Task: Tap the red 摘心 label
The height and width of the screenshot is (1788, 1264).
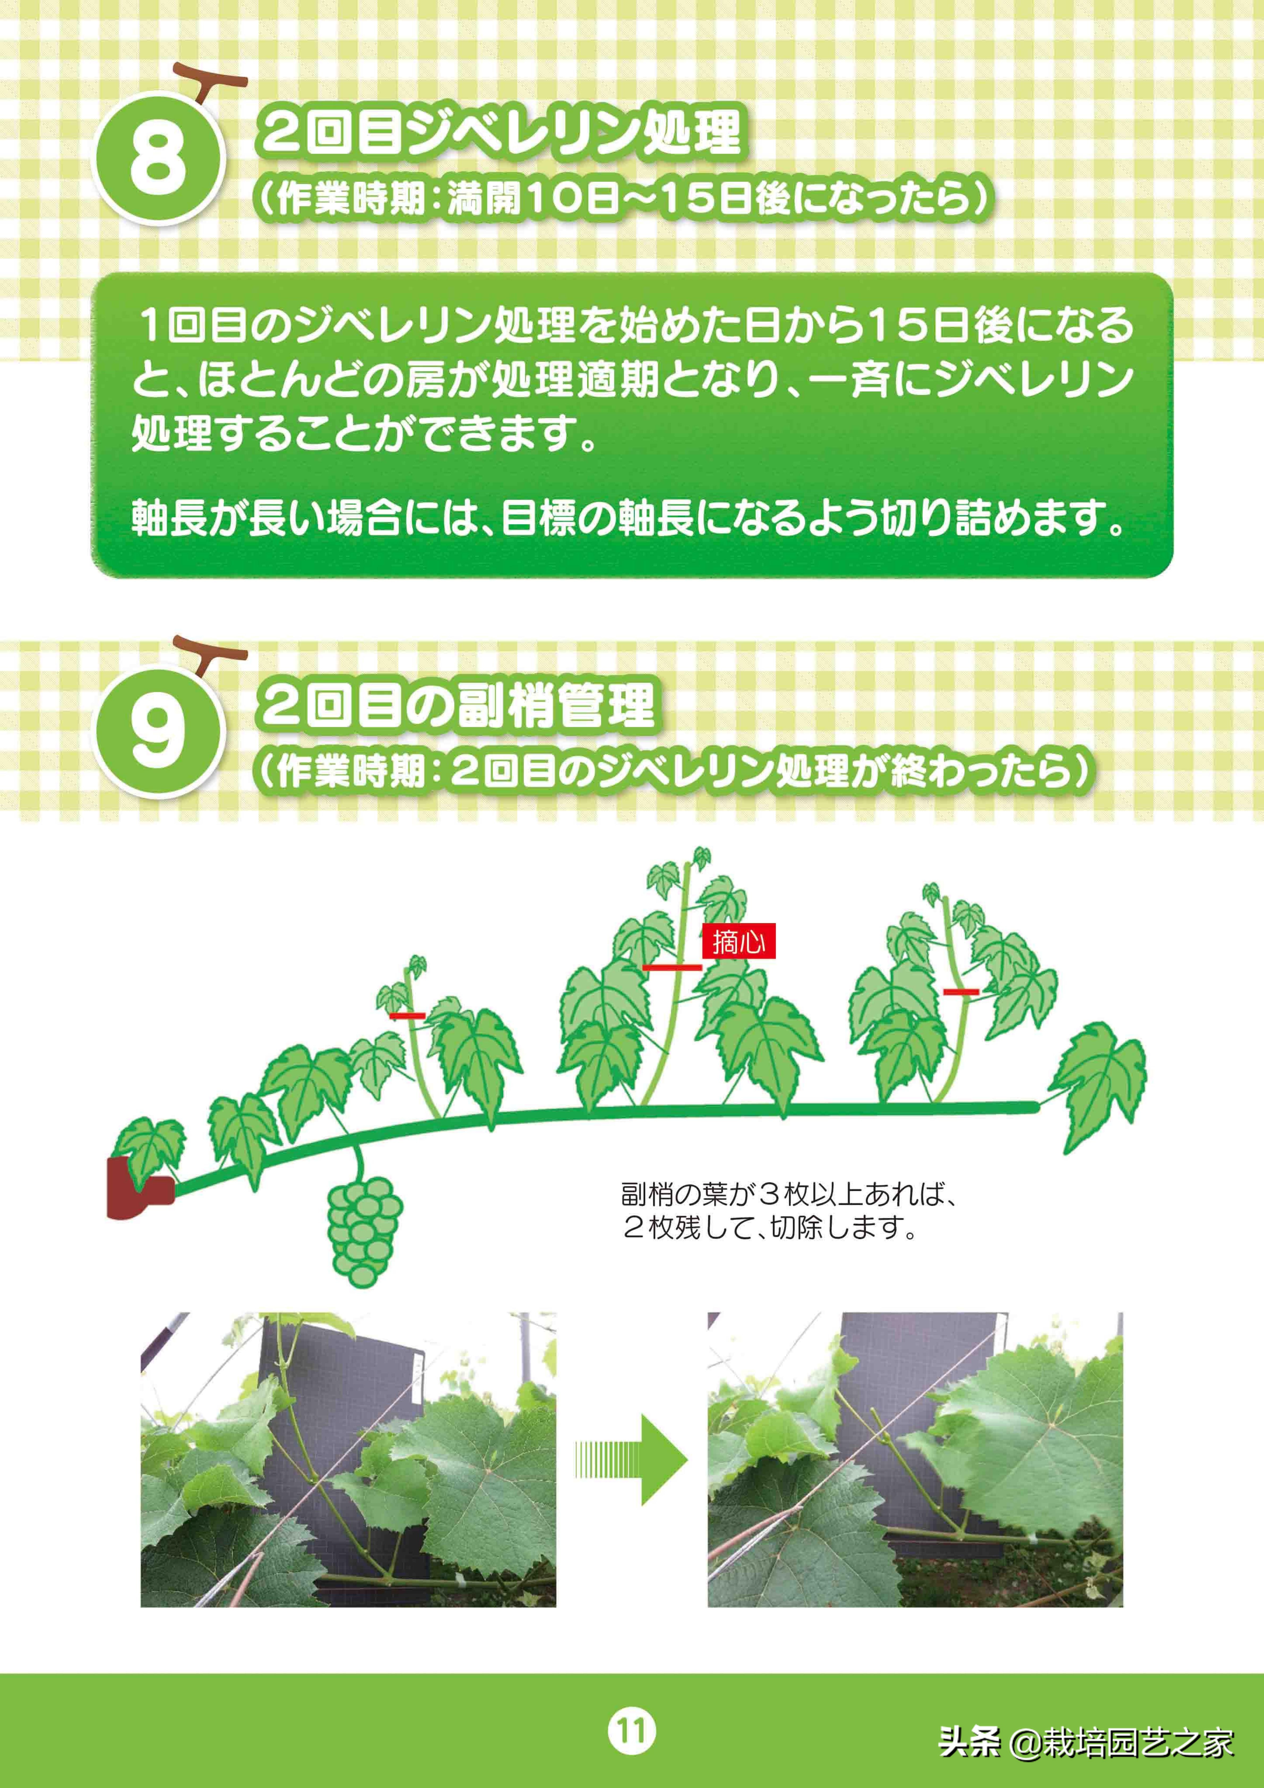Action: [738, 942]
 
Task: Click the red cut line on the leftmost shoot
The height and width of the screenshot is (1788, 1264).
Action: [407, 1015]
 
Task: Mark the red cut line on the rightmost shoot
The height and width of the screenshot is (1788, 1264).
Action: [960, 991]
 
